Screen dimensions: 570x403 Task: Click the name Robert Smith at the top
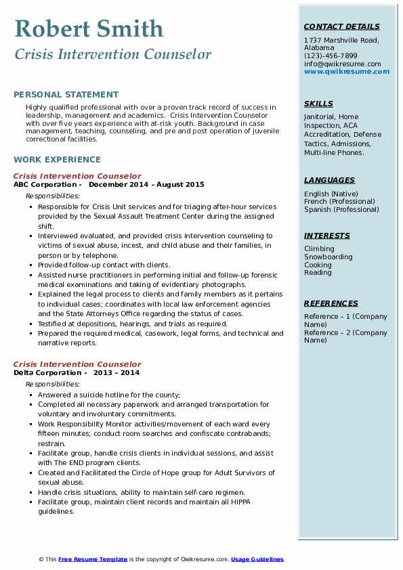click(x=89, y=28)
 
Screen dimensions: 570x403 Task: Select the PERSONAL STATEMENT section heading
click(x=66, y=95)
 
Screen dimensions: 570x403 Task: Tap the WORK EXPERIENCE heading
click(x=57, y=160)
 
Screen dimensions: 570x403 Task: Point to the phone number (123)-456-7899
click(x=331, y=56)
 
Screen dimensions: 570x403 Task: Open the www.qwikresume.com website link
click(x=343, y=71)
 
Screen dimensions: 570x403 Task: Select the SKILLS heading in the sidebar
click(x=318, y=104)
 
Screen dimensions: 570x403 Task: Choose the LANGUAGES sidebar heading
click(x=329, y=181)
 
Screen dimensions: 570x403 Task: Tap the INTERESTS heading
click(x=327, y=236)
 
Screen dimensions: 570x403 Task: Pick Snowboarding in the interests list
click(x=328, y=257)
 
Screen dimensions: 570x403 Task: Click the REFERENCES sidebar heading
click(x=331, y=304)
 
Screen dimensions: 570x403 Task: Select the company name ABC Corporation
click(x=45, y=184)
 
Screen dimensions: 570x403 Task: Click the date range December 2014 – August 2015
click(x=146, y=184)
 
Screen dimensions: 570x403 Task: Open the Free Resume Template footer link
click(x=93, y=559)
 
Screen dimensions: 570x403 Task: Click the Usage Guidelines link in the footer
click(x=257, y=559)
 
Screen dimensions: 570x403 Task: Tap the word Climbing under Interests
click(x=319, y=249)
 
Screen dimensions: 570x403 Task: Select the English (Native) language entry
click(x=331, y=194)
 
